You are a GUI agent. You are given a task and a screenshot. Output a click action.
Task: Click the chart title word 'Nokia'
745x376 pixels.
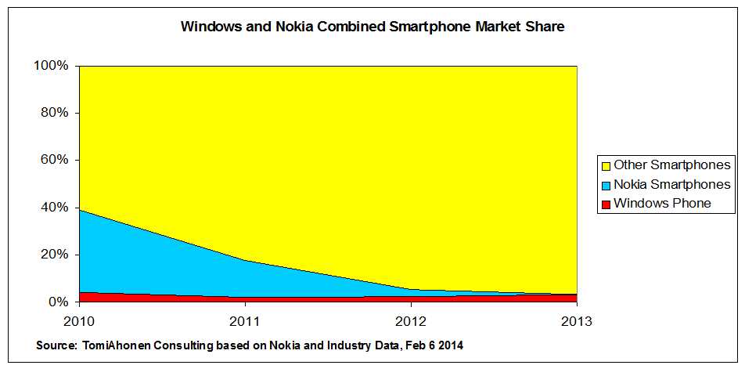(292, 27)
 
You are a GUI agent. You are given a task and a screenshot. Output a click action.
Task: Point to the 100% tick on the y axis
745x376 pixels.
(52, 66)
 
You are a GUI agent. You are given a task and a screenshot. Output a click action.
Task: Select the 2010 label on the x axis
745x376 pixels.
(79, 321)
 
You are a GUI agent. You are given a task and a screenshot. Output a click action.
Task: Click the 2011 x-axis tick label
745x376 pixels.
(245, 321)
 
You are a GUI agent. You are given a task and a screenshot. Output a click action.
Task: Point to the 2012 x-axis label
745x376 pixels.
(411, 321)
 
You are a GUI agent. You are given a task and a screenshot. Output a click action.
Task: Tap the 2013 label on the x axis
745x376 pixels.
(577, 321)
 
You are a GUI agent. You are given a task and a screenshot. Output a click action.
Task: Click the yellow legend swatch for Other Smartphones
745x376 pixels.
(605, 165)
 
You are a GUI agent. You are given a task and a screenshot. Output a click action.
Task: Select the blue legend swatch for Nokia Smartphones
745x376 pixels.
(605, 185)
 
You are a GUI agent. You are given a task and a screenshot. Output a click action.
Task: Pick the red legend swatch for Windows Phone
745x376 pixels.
(605, 204)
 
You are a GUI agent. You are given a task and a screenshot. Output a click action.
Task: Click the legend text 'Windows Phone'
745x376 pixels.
(662, 204)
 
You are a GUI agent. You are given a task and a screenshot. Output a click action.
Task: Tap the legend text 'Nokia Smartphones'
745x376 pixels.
(671, 185)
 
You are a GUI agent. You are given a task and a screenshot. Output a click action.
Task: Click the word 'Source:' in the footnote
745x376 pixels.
(57, 345)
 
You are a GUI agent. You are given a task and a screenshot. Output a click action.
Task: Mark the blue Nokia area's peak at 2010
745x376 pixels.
(81, 211)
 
